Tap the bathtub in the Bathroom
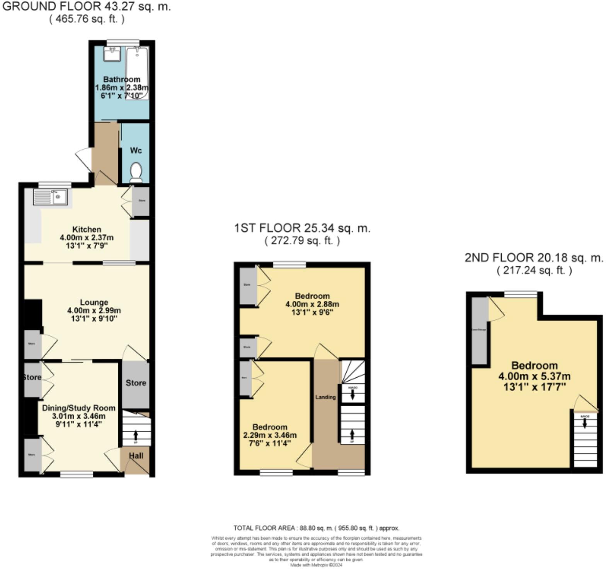tap(137, 73)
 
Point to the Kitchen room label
tap(87, 229)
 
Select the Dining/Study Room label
tap(78, 408)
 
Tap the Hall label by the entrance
tap(136, 456)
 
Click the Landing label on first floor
tap(325, 397)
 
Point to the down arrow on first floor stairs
tap(352, 395)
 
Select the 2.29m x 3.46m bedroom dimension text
tap(270, 435)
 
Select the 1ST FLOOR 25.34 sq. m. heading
tap(302, 228)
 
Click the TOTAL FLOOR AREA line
tap(316, 528)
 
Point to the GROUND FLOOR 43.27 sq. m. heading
tap(87, 7)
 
